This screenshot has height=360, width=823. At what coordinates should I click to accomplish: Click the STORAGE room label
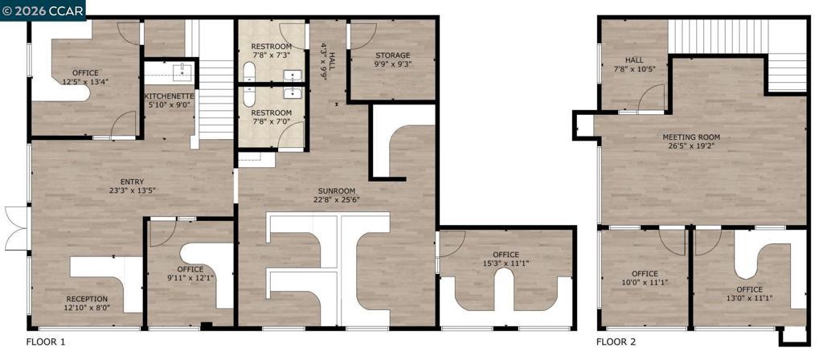click(392, 55)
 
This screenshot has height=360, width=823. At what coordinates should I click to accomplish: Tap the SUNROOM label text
click(337, 190)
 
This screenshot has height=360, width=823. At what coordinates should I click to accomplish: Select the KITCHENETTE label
click(169, 96)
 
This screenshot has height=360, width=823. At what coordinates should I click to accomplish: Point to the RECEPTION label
click(87, 299)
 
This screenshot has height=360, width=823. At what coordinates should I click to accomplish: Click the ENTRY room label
click(132, 182)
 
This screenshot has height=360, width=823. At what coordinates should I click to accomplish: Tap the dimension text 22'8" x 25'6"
click(337, 199)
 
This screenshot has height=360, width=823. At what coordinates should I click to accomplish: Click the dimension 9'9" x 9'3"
click(392, 64)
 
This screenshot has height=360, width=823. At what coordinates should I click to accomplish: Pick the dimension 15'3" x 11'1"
click(506, 264)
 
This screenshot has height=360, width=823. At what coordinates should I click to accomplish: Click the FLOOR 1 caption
click(46, 342)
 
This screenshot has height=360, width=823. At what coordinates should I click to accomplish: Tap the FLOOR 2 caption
click(616, 342)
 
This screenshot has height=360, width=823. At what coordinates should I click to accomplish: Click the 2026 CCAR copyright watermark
click(43, 10)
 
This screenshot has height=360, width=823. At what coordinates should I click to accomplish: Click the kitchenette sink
click(183, 72)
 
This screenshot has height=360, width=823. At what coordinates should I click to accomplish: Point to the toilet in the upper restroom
click(249, 72)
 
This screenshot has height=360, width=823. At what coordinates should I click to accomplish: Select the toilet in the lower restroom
click(249, 97)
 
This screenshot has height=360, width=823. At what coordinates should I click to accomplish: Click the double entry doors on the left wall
click(16, 228)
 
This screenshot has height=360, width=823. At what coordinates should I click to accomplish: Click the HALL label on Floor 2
click(634, 60)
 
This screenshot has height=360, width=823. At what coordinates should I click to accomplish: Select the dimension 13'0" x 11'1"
click(749, 299)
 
